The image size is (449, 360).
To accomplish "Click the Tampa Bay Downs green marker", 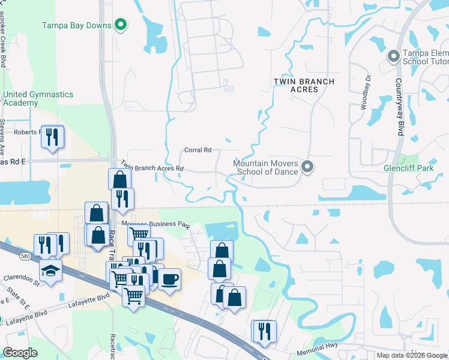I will (121, 25).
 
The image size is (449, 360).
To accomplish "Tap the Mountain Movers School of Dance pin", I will (307, 167).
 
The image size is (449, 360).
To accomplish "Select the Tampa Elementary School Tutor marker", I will (394, 56).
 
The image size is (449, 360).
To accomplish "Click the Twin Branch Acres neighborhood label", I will (295, 85).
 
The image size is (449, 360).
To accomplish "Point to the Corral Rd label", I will (197, 150).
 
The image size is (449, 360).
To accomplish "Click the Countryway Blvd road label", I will (398, 107).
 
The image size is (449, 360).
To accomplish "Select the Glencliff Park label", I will (408, 169).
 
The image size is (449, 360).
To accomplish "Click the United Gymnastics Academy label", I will (38, 98).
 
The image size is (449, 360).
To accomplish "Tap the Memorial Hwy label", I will (316, 348).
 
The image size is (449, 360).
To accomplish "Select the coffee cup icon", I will (169, 279).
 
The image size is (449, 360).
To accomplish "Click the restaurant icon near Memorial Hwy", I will (264, 331).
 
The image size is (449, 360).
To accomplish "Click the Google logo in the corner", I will (20, 353).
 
